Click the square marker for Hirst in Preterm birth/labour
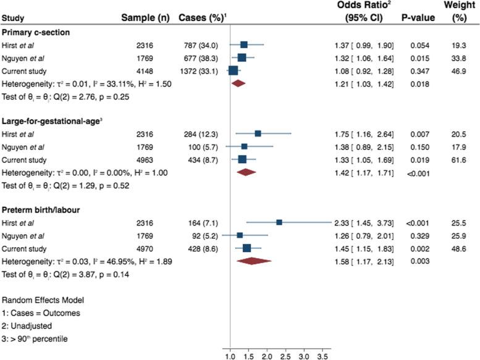(x=279, y=222)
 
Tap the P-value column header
(x=418, y=18)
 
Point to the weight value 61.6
(x=460, y=159)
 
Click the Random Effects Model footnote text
(x=42, y=299)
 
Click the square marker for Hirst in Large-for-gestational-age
(x=258, y=133)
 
